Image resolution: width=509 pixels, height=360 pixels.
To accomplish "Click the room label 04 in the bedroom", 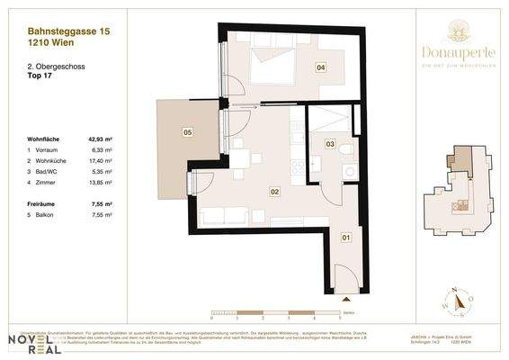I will (320, 67).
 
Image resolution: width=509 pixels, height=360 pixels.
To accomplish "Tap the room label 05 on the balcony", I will (187, 132).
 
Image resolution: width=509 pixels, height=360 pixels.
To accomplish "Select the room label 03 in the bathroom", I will (330, 143).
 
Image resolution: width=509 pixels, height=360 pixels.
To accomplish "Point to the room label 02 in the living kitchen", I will (275, 191).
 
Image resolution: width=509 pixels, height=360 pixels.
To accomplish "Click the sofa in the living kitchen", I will (225, 217).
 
